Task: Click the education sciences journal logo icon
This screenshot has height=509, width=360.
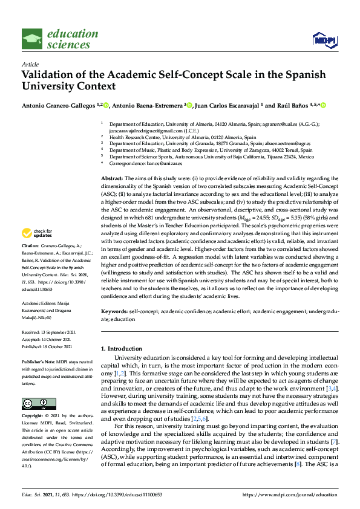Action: (33, 36)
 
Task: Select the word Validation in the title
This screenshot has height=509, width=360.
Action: (50, 75)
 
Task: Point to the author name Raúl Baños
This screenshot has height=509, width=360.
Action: (287, 106)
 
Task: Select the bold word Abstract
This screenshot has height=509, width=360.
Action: (111, 179)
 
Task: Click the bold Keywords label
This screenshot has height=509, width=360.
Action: (114, 311)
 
